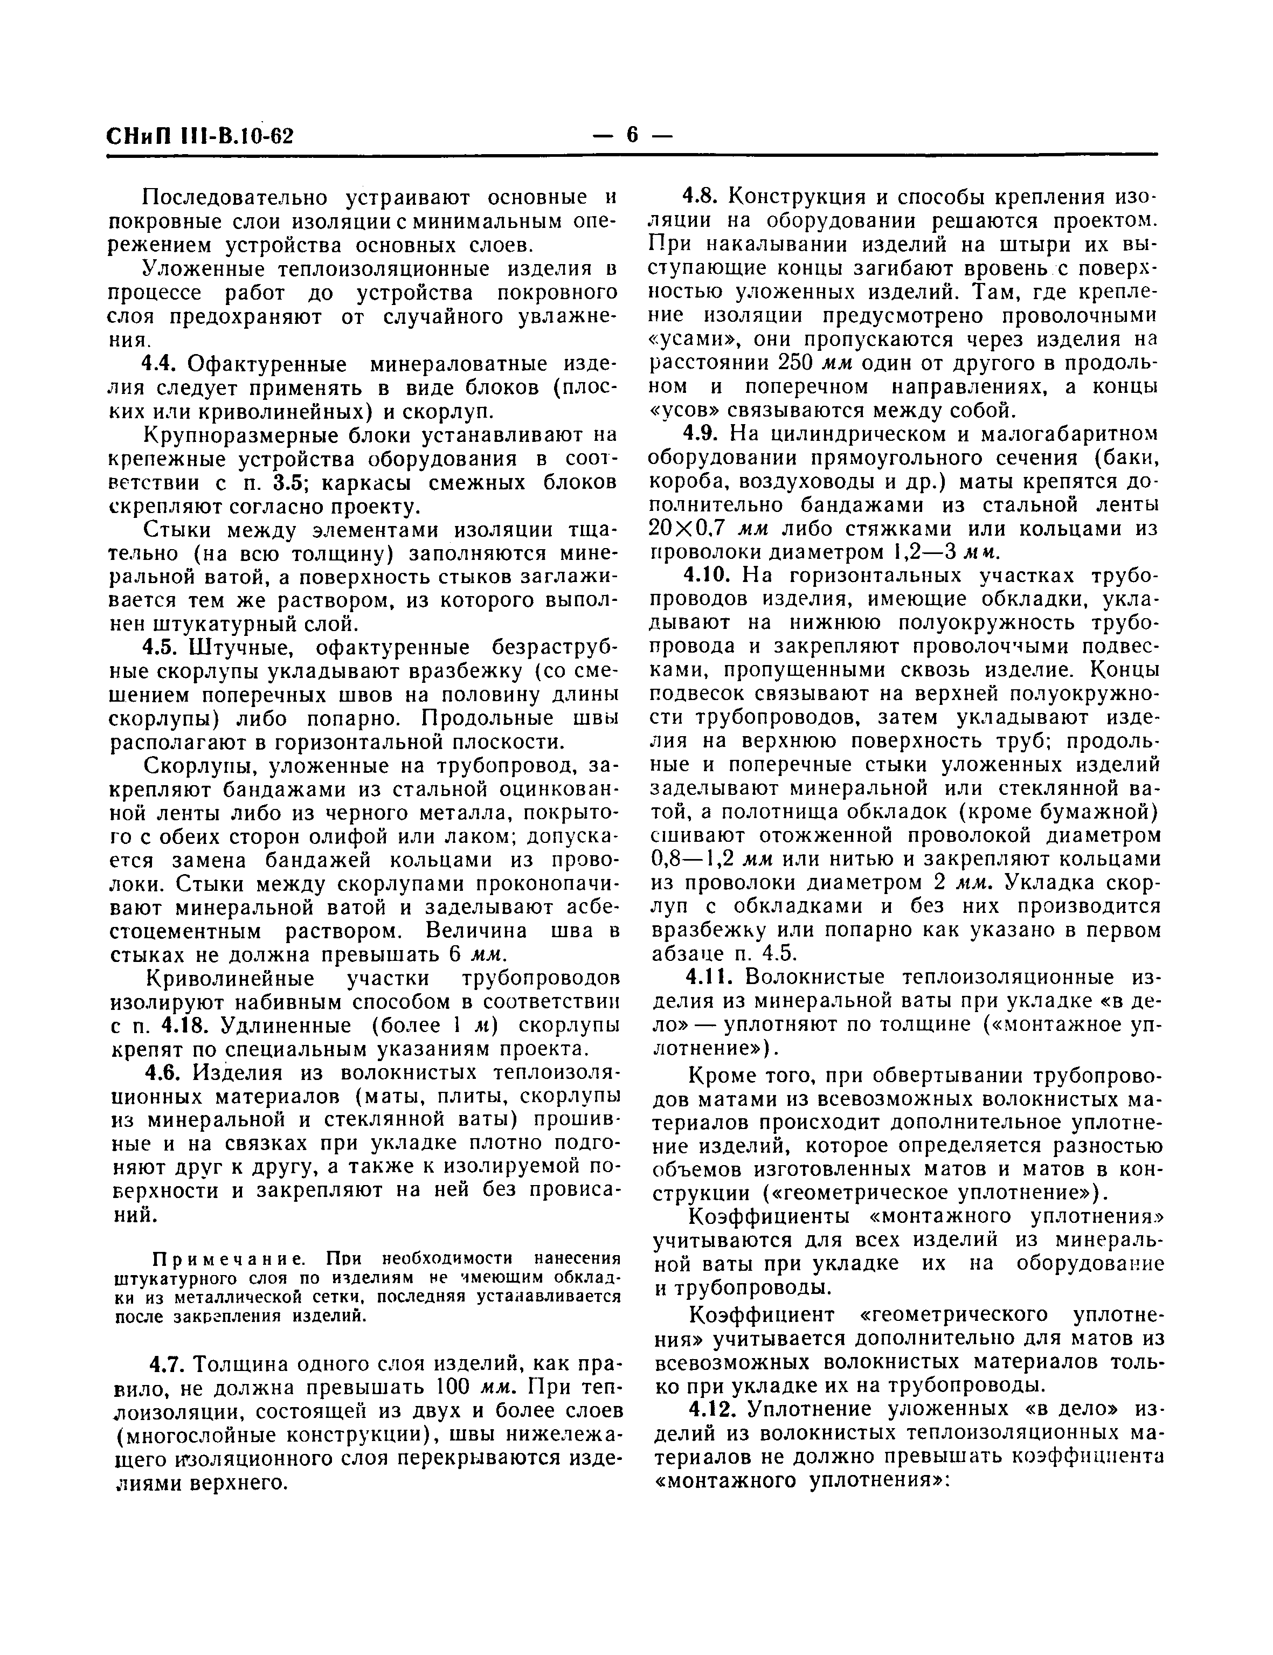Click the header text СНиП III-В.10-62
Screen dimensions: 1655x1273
tap(200, 136)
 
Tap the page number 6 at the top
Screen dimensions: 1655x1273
tap(633, 135)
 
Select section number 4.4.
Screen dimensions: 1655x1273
tap(161, 364)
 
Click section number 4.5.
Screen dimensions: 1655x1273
tap(161, 648)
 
